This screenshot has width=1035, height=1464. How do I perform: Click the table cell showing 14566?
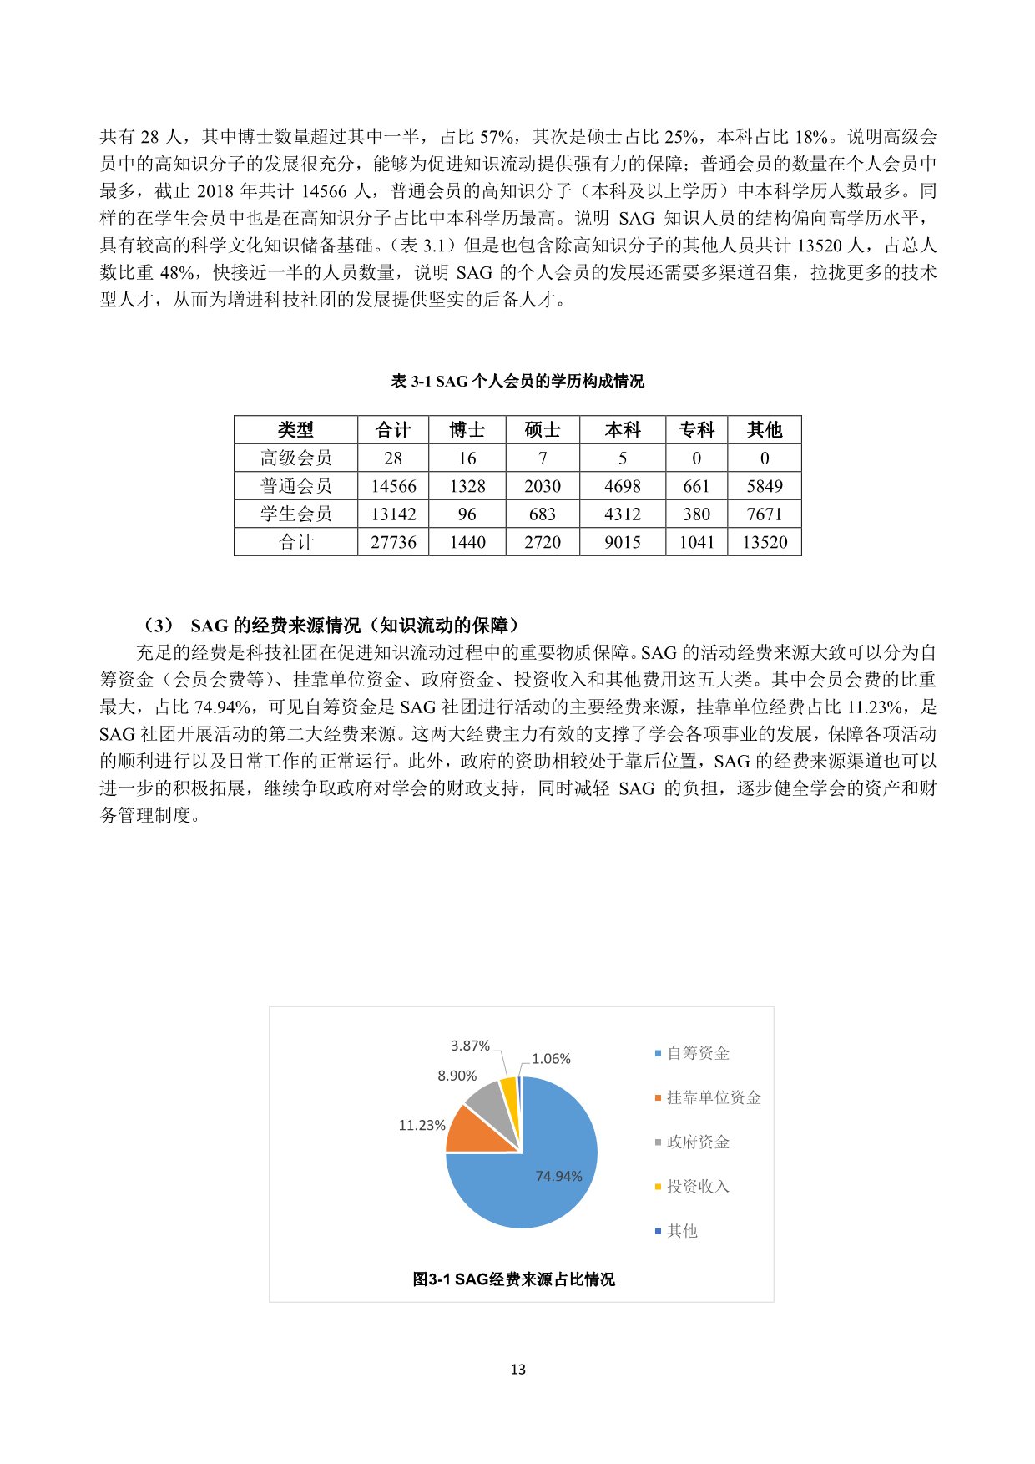tap(393, 486)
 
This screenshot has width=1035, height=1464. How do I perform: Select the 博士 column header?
tap(467, 430)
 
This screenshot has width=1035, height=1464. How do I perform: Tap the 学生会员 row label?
tap(295, 514)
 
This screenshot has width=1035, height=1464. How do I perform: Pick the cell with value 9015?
tap(623, 542)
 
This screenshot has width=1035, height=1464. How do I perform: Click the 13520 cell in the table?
tap(765, 542)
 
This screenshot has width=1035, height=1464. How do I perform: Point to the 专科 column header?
tap(696, 430)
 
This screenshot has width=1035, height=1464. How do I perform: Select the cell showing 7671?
tap(765, 514)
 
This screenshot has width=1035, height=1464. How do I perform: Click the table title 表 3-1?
tap(517, 382)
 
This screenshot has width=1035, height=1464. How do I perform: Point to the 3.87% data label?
tap(470, 1046)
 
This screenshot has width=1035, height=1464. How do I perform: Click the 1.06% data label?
tap(551, 1059)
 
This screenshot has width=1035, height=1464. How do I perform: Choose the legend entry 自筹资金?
tap(698, 1053)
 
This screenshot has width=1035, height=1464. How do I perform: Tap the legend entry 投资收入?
tap(698, 1186)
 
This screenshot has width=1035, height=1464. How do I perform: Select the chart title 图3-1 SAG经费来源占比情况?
tap(513, 1279)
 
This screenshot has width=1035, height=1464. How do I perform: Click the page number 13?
tap(517, 1370)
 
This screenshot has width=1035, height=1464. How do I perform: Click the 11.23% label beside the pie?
tap(422, 1126)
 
